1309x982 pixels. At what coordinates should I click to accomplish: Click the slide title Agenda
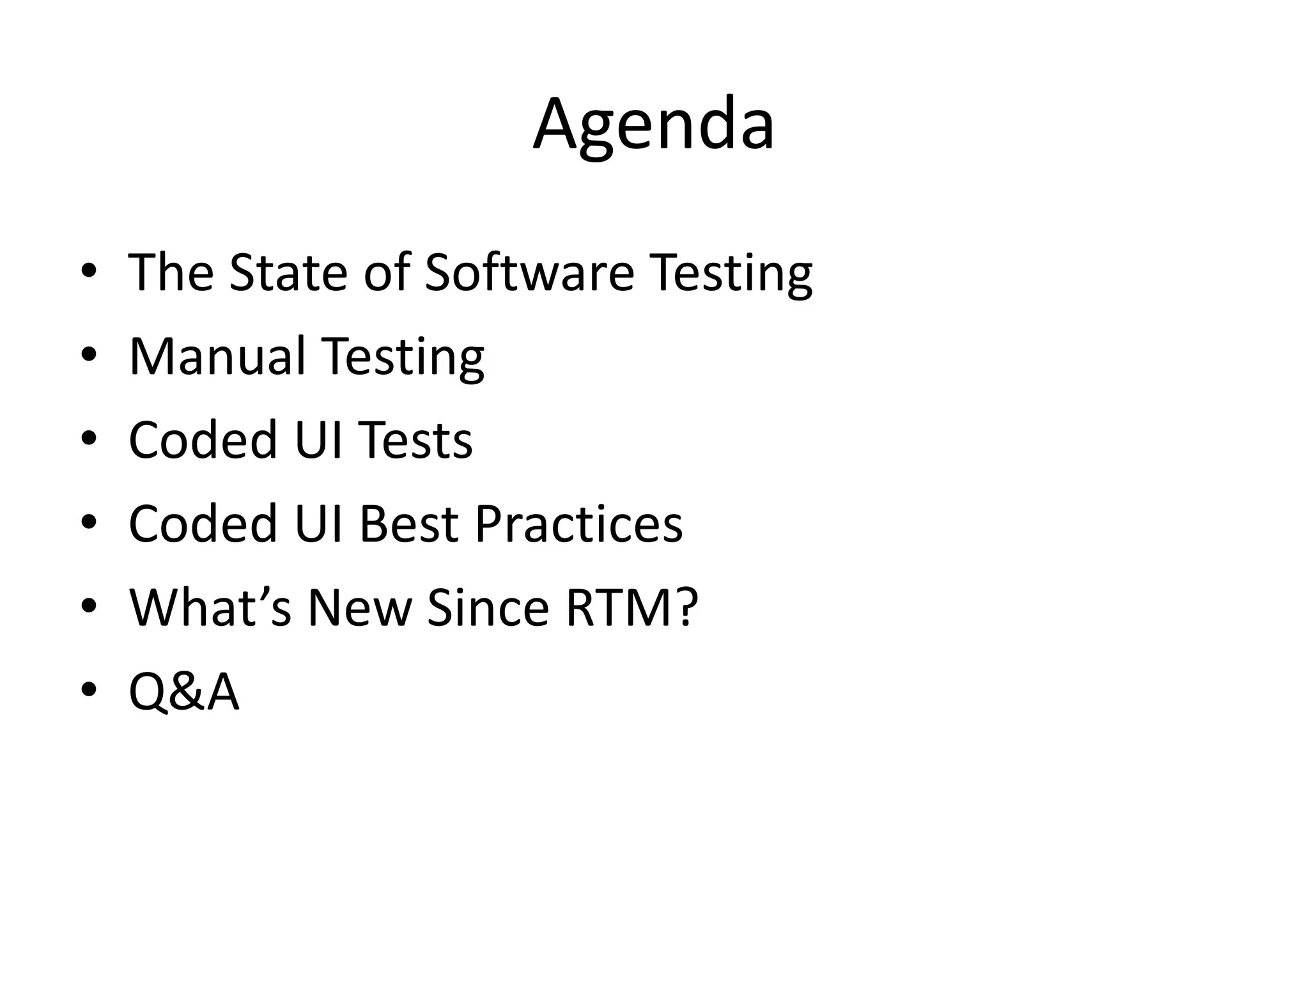[x=654, y=124]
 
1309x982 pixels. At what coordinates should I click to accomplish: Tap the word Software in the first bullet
[x=529, y=272]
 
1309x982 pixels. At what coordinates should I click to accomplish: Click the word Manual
[x=217, y=356]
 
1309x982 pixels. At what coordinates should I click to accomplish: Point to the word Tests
[x=415, y=440]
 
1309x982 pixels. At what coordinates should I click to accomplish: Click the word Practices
[x=578, y=524]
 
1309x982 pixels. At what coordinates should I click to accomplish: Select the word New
[x=360, y=607]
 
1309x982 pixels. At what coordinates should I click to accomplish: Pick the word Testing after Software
[x=731, y=274]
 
